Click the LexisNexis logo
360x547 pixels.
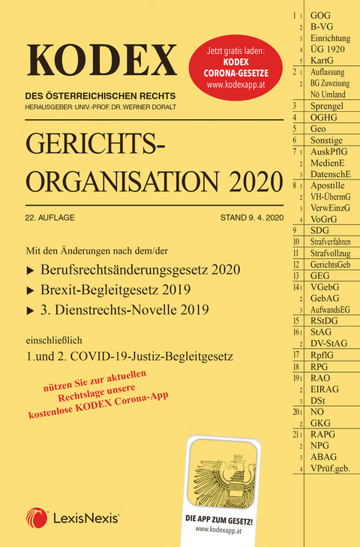(x=74, y=518)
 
